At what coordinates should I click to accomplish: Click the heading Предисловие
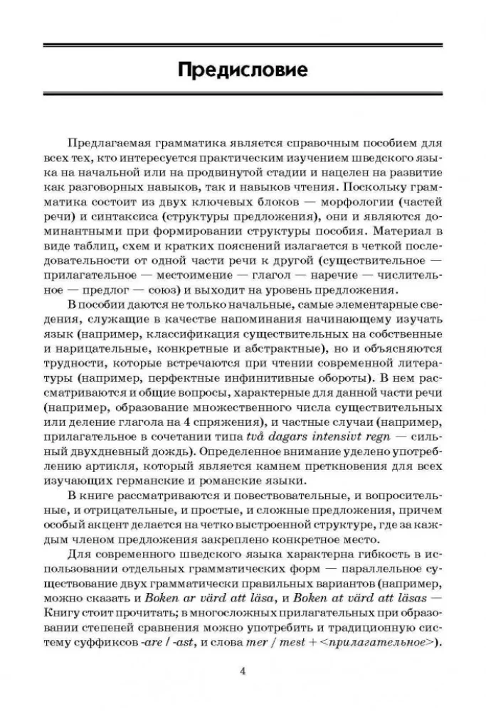click(243, 70)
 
